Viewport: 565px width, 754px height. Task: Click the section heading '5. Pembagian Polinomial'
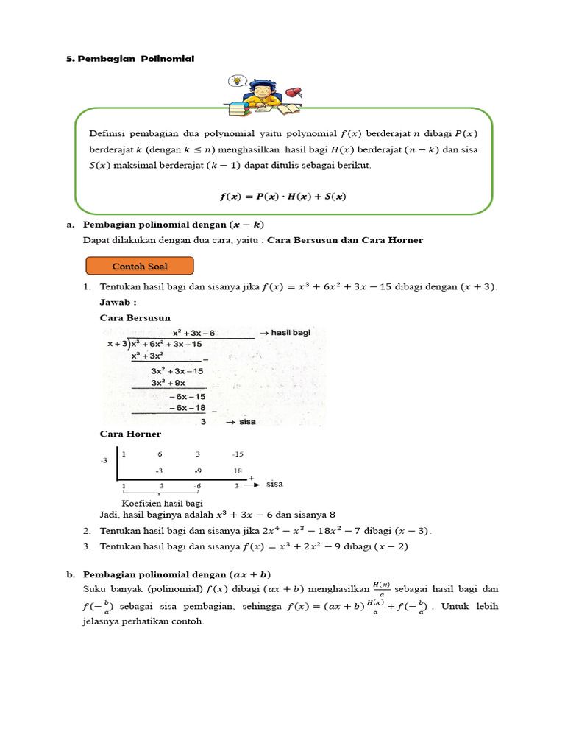(130, 59)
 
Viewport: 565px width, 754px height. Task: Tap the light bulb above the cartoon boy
(236, 81)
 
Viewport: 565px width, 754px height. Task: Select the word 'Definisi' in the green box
(107, 134)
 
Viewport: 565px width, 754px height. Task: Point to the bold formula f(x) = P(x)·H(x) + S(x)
(283, 197)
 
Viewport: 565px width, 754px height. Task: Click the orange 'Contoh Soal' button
(140, 266)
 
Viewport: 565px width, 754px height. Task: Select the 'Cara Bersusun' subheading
(135, 317)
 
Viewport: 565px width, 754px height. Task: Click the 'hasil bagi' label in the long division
(291, 333)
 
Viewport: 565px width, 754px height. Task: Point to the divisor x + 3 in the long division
(117, 344)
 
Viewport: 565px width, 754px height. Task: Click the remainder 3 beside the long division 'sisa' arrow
(203, 422)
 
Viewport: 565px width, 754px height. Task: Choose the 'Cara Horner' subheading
(129, 434)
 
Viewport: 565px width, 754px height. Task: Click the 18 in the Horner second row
(237, 471)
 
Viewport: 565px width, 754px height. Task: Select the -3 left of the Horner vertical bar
(104, 461)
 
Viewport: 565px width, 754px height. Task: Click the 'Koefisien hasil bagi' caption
(162, 503)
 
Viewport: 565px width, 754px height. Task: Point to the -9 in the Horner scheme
(198, 471)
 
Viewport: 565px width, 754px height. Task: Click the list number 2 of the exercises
(86, 531)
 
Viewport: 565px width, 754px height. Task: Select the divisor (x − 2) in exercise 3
(391, 546)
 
